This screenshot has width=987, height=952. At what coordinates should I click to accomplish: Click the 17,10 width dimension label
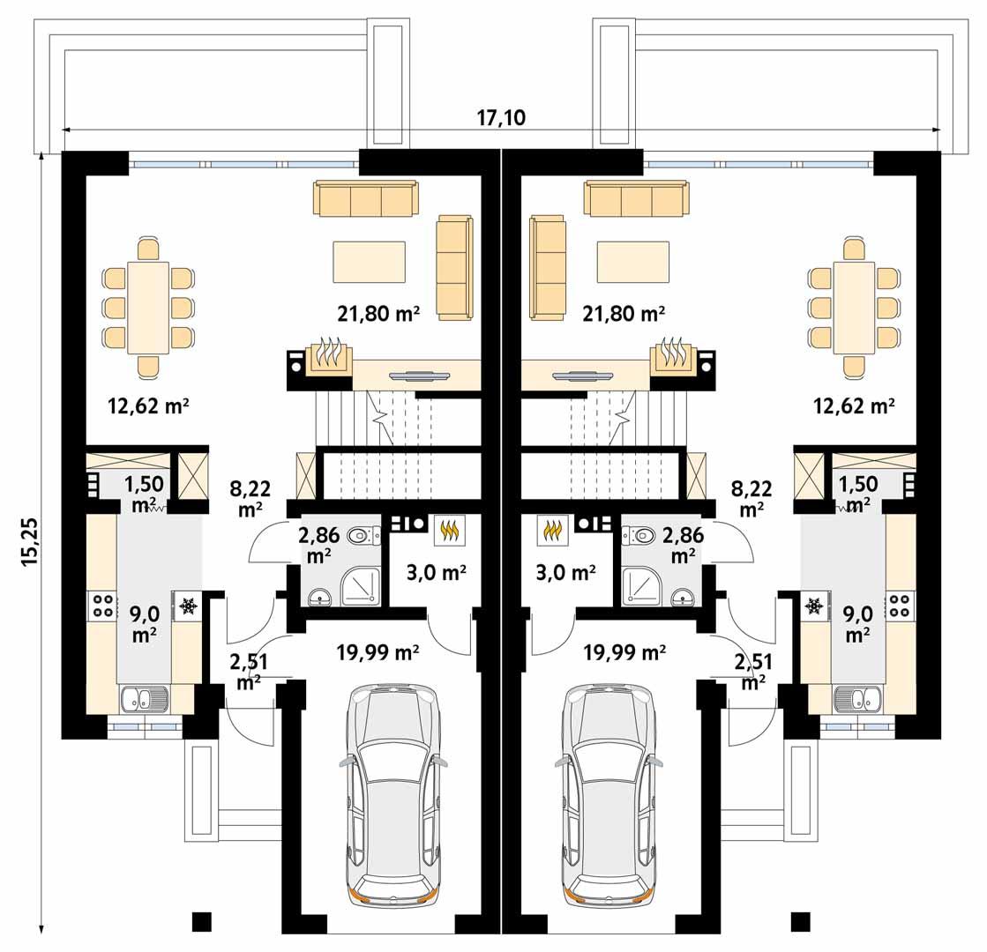coord(501,117)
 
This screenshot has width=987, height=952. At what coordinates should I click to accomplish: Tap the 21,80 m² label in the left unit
coord(378,312)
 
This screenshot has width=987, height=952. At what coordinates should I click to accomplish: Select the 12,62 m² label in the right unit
coord(854,405)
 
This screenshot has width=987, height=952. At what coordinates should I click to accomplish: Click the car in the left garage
coord(393,793)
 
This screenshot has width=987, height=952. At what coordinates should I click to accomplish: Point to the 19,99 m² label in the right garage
coord(624,652)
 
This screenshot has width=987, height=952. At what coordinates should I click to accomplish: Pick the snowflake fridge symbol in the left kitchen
coord(187,606)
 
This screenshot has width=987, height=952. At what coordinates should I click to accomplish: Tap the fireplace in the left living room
coord(328,356)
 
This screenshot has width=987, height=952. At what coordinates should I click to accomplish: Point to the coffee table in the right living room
coord(632,262)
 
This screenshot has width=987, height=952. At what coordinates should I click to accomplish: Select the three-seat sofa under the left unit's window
coord(366,199)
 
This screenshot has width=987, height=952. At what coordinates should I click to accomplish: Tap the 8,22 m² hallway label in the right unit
coord(751,498)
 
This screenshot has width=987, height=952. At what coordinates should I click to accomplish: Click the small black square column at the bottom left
coord(202,921)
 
